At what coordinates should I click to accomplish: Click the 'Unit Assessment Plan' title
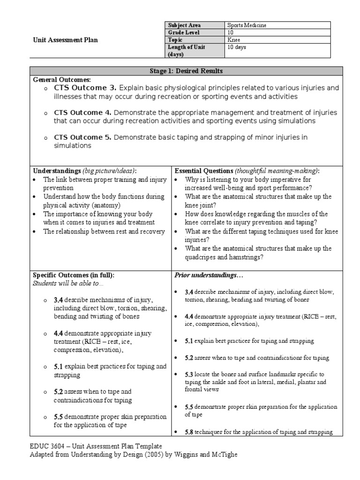tap(65, 40)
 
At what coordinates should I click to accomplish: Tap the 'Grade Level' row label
tap(184, 33)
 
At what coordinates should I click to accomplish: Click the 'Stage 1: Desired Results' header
tap(186, 71)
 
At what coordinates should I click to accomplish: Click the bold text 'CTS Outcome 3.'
tap(85, 88)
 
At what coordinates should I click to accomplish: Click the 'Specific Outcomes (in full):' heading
tap(73, 275)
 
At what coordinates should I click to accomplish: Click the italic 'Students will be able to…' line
tap(68, 283)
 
